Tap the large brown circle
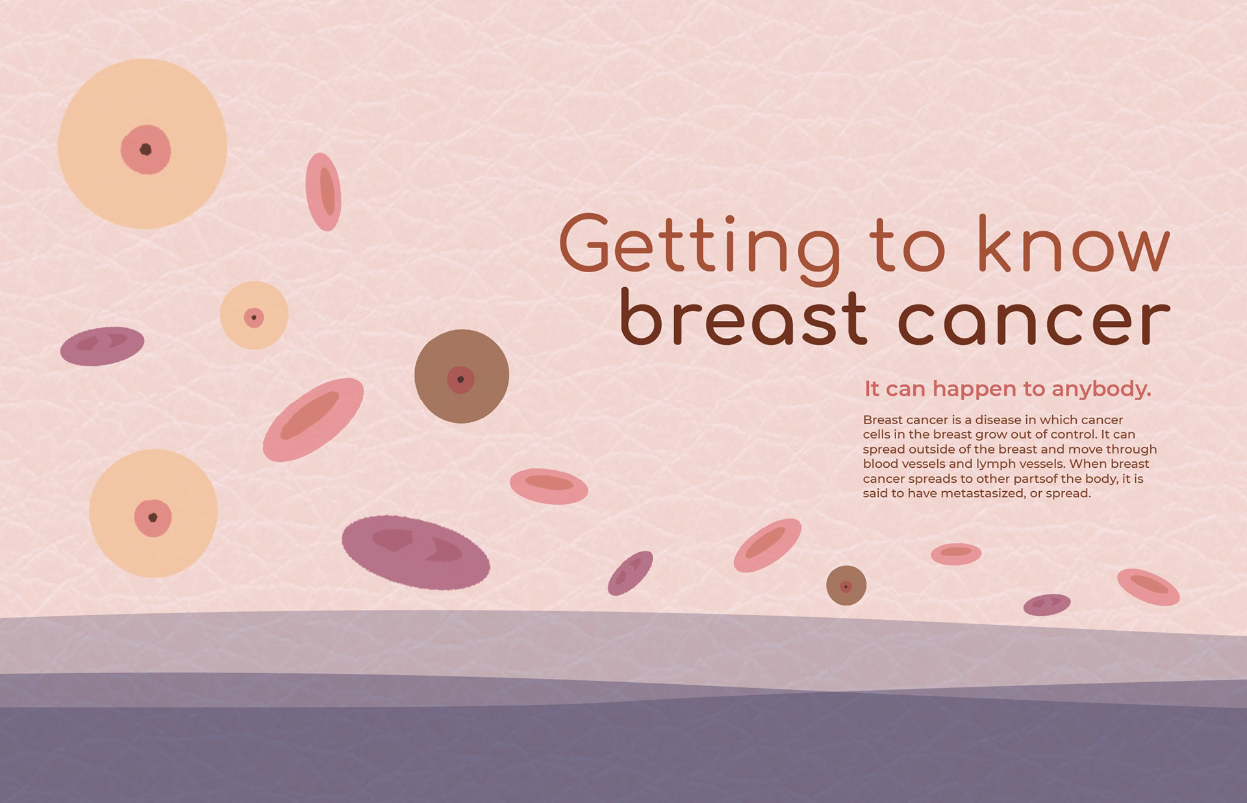(x=462, y=376)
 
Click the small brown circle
(x=846, y=585)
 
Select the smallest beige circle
(x=254, y=316)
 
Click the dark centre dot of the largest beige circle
(x=145, y=149)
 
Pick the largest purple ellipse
(x=416, y=552)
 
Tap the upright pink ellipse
(x=323, y=192)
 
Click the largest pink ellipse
(x=313, y=420)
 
